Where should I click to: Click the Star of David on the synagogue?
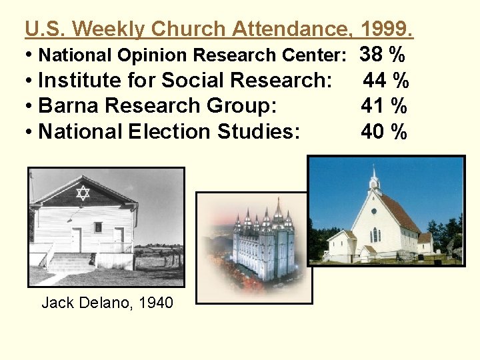[x=83, y=193]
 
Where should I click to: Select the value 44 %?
[x=386, y=81]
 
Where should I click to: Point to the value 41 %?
[x=384, y=106]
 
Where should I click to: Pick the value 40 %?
[x=384, y=131]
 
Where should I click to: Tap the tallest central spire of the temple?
[x=278, y=210]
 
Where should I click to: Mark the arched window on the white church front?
[x=375, y=235]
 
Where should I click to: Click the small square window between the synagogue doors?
[x=98, y=227]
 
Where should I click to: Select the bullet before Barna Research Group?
[x=31, y=106]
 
